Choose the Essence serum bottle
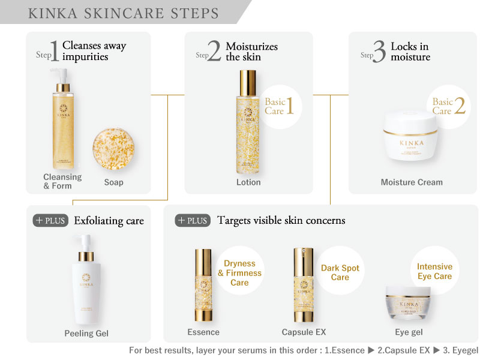pos(203,285)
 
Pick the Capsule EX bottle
pos(304,285)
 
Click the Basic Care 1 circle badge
pos(279,106)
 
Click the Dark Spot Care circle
pos(340,272)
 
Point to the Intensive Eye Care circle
pos(434,271)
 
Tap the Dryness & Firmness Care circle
pos(239,272)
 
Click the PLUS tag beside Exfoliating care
pos(50,220)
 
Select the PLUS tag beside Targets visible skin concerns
pos(193,220)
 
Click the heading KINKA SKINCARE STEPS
pos(124,13)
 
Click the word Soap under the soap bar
pos(113,182)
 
